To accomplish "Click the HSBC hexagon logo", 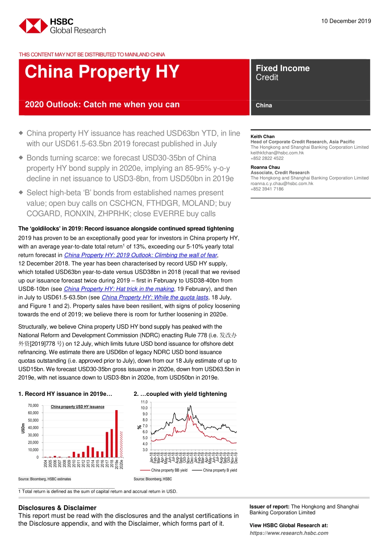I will click(x=33, y=26).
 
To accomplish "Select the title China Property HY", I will click(x=102, y=72).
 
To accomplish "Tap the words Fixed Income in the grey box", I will click(x=283, y=68).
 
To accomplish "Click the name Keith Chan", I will click(x=262, y=136).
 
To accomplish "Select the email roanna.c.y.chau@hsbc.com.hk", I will click(x=282, y=183).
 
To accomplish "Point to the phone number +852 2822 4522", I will click(x=267, y=158).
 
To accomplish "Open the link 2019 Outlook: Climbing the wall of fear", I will click(x=140, y=255).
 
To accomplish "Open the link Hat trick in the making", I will click(x=119, y=289).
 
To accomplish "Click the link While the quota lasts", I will click(x=155, y=297).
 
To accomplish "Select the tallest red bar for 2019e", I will click(x=116, y=433).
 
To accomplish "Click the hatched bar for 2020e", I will click(x=121, y=444).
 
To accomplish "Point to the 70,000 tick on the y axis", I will click(x=33, y=406).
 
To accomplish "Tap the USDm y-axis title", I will click(x=23, y=428).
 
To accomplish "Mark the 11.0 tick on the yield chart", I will click(x=144, y=402).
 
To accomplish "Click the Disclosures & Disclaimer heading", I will click(x=57, y=508).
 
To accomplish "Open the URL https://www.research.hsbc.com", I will click(x=289, y=533).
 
